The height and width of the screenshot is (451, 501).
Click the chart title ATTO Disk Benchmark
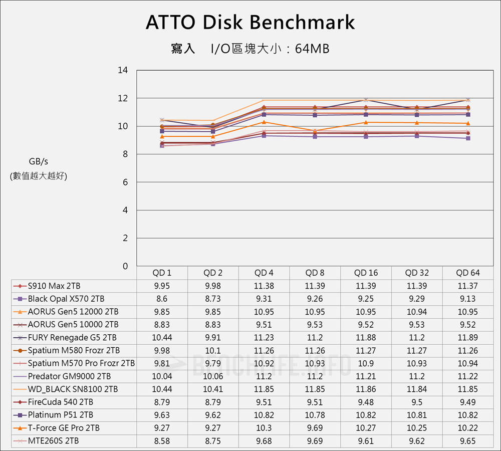250,23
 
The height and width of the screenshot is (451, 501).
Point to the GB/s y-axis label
39,161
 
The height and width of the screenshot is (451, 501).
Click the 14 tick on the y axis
122,70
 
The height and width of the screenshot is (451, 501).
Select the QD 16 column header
366,273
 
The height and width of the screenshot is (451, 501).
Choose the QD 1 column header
162,273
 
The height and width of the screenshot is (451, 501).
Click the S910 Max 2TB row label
54,286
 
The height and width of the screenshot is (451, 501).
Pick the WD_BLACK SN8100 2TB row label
73,389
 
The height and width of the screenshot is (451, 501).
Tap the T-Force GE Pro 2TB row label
64,427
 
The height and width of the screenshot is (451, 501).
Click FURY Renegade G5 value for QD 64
467,337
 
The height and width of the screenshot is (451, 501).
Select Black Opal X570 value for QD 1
162,299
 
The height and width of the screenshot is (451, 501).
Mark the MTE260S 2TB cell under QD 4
264,440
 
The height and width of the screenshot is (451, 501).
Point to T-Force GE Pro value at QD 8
315,427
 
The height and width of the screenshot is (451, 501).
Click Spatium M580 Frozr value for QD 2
213,350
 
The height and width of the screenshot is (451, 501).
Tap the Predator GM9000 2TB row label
69,376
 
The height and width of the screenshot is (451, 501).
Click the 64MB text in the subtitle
312,49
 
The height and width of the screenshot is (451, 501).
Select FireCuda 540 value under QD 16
366,402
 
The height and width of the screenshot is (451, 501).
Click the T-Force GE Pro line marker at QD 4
264,122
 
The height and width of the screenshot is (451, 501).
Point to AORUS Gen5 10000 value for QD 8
315,324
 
